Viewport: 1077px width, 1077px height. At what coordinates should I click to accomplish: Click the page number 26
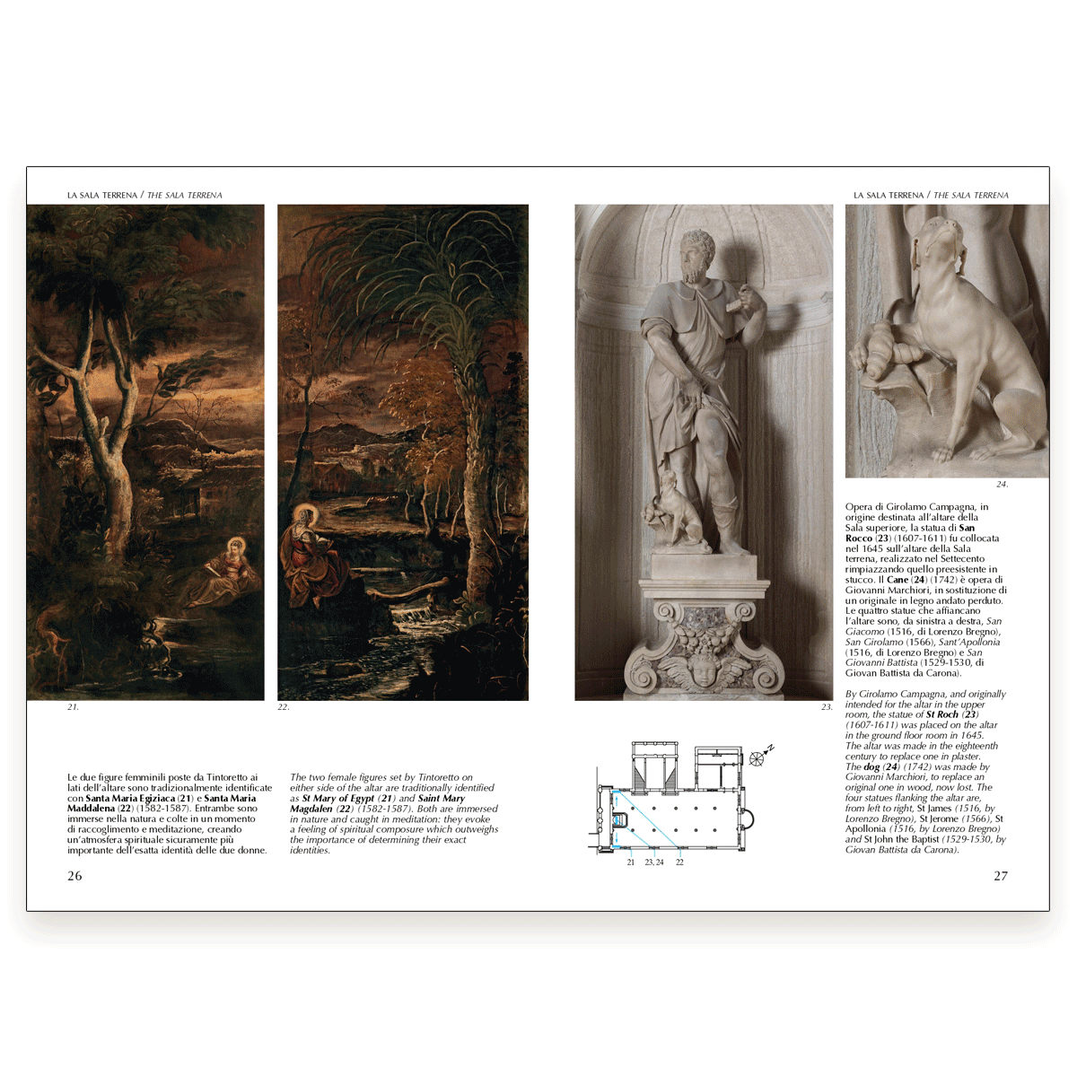74,876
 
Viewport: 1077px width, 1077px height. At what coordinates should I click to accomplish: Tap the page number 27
1001,876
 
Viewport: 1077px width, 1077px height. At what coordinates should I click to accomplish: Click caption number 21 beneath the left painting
73,707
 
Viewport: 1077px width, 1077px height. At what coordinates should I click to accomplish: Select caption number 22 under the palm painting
284,707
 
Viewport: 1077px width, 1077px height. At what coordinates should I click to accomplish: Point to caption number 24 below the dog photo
1003,485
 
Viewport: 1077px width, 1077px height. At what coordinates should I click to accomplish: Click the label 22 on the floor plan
679,862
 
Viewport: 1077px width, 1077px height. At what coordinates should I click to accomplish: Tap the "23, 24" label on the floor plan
654,862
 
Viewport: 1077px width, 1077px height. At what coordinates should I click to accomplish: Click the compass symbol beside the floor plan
759,757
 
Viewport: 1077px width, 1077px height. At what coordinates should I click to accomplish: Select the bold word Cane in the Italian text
897,580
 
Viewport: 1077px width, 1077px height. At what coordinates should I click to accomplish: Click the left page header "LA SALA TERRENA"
102,195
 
